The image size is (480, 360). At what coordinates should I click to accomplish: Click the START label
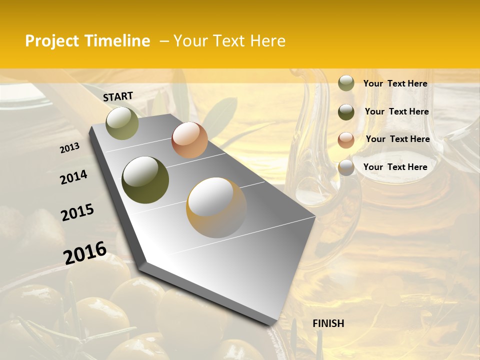point(118,96)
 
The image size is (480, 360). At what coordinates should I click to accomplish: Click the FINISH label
point(328,323)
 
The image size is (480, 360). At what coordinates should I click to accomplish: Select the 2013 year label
point(69,147)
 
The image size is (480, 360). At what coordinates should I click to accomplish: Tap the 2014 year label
point(73,177)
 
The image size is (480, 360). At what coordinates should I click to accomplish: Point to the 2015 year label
point(77,212)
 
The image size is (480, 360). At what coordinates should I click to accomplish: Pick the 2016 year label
point(85,253)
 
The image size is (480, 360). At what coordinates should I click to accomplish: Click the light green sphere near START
point(122,123)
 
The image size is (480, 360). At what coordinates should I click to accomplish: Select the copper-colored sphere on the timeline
point(189,140)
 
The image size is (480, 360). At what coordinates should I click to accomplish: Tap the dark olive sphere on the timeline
point(145,180)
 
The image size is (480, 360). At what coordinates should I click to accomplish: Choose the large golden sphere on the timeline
point(216,207)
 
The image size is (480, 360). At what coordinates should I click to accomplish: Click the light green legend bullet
point(346,83)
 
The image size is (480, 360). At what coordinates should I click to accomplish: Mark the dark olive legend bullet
point(346,112)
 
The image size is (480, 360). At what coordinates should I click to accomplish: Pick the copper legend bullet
point(346,140)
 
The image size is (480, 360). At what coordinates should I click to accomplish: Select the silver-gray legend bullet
point(346,168)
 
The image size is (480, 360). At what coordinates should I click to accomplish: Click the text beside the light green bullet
point(395,83)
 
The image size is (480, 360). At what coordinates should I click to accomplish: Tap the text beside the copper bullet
point(397,139)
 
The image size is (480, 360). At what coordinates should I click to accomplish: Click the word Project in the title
point(52,41)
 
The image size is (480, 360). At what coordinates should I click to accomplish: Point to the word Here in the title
point(267,41)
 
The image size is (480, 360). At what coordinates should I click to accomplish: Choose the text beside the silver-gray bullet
point(395,167)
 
